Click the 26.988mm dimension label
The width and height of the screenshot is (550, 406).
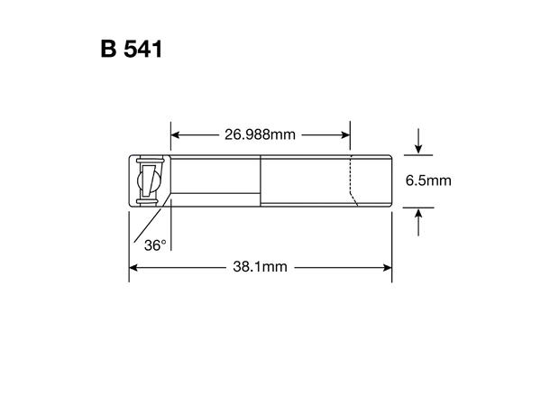point(260,135)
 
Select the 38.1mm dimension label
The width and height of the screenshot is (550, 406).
point(261,267)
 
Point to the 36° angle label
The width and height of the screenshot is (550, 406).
point(154,244)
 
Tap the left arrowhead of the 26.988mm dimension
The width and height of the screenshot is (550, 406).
point(176,135)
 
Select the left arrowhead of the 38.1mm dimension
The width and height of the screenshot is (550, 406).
point(135,267)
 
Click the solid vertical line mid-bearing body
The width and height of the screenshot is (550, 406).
point(261,181)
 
